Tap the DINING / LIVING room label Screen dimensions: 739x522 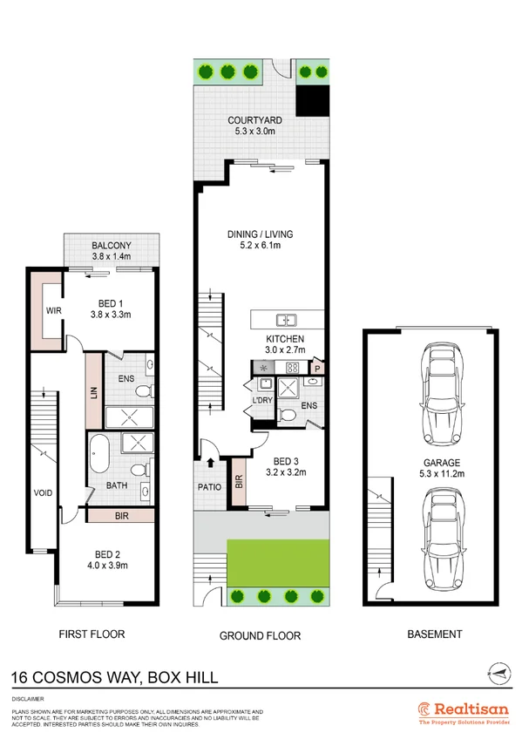click(260, 234)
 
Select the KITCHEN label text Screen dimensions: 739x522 click(285, 339)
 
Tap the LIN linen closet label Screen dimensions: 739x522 click(93, 395)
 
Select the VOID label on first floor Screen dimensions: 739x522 click(43, 493)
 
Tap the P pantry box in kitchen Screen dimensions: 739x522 click(318, 368)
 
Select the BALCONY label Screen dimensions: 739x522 click(111, 246)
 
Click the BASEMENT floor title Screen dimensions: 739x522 click(435, 634)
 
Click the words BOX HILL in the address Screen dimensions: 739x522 click(186, 677)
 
